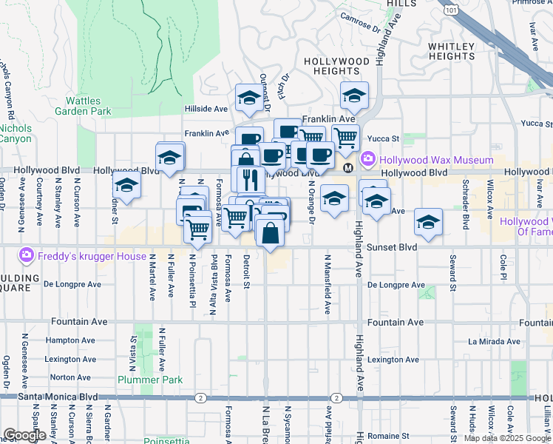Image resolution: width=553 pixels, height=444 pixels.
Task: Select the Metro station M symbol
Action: (x=347, y=167)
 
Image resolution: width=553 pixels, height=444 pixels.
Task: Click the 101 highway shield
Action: (x=450, y=10)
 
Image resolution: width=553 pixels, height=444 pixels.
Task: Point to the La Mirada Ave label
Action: (x=494, y=341)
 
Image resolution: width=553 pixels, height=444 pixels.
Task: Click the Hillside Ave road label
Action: (x=206, y=109)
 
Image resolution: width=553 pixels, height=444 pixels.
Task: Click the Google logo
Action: (x=24, y=435)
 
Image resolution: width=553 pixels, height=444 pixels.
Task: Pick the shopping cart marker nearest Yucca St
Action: (x=345, y=136)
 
